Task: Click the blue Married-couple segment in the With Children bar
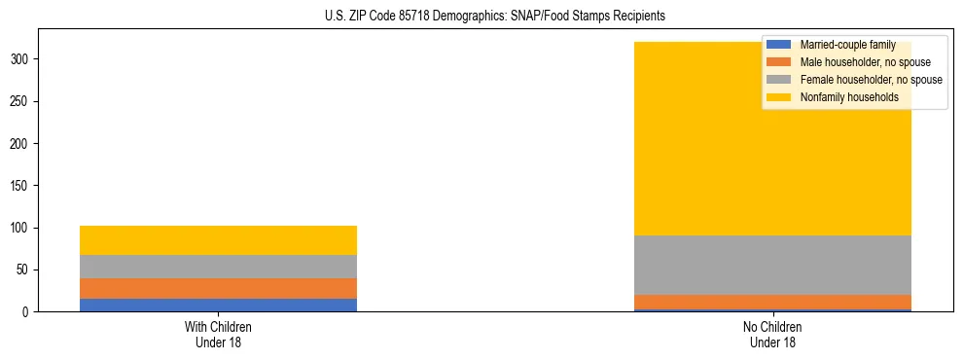[x=218, y=305]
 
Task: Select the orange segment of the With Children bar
[x=218, y=288]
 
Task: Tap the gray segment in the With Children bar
[x=218, y=267]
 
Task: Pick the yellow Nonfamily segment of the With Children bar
[x=218, y=240]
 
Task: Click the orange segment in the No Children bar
[x=772, y=302]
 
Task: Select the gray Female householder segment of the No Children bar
[x=772, y=265]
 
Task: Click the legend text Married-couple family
[x=847, y=45]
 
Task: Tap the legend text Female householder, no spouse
[x=871, y=80]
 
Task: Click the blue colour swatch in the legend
[x=779, y=45]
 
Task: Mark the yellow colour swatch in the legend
[x=779, y=97]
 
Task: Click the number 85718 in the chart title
[x=416, y=16]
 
